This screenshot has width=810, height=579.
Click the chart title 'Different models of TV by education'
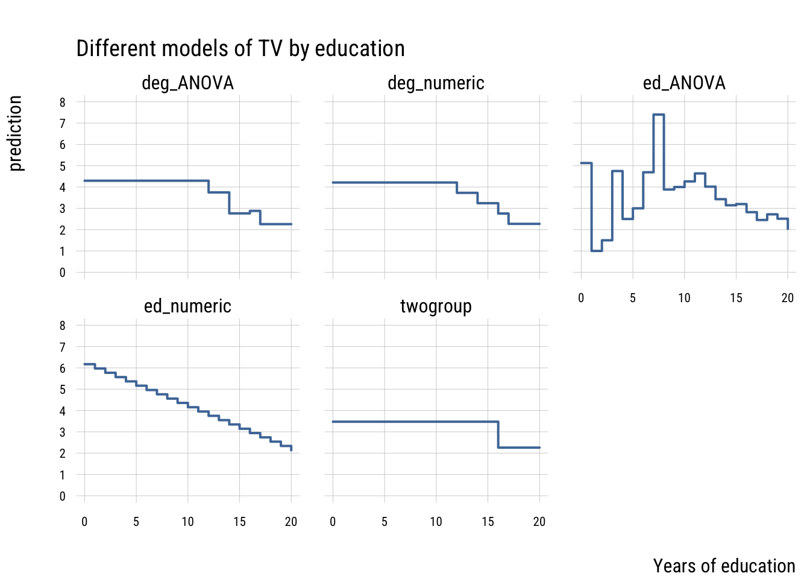click(240, 49)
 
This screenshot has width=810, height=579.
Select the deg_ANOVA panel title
click(187, 83)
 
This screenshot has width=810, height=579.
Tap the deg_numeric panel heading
click(436, 83)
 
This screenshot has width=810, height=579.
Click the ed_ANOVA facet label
click(684, 83)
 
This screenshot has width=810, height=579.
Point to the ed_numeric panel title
click(187, 306)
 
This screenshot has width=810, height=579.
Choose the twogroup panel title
click(436, 306)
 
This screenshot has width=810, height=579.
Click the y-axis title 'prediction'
click(16, 133)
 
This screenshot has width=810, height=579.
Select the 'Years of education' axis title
click(724, 566)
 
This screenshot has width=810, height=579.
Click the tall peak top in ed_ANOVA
click(658, 115)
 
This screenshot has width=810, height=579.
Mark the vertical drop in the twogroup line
click(498, 434)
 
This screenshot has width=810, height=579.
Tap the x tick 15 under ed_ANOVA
click(736, 298)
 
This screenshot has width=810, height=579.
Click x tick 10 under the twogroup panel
click(436, 522)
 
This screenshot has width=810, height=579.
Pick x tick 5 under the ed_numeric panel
click(136, 522)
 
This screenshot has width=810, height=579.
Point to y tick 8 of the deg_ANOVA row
click(63, 103)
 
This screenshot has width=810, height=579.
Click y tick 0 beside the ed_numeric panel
click(63, 496)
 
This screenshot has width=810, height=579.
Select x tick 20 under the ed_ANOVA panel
click(787, 298)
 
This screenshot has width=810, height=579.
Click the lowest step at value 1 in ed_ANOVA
click(597, 251)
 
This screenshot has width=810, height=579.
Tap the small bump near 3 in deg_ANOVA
click(255, 211)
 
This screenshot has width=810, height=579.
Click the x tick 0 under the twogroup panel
click(333, 522)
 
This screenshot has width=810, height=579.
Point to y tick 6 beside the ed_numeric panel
click(63, 369)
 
